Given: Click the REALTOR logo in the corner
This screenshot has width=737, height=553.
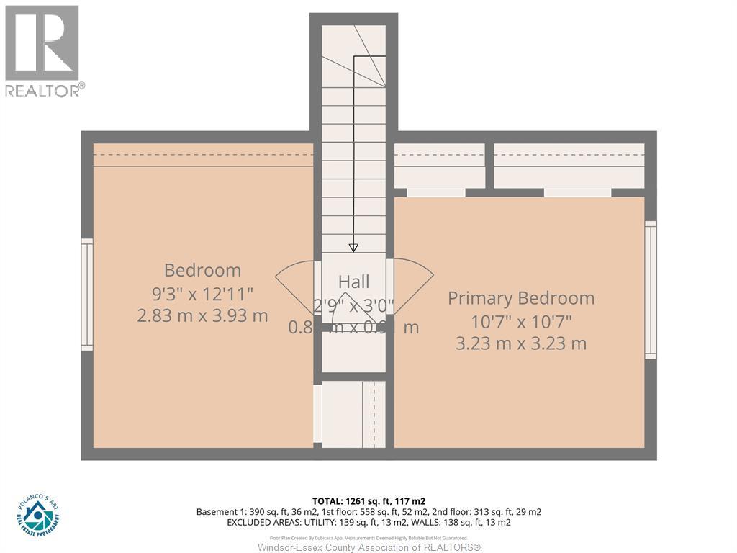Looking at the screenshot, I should tap(42, 50).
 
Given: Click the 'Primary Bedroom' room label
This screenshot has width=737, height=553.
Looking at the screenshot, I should tap(521, 298).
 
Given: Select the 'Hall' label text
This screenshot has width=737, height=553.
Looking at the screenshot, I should tap(353, 282).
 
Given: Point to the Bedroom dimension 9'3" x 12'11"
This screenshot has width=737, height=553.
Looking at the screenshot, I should tap(202, 293).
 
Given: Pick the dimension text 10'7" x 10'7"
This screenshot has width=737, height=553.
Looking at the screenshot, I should tap(521, 321).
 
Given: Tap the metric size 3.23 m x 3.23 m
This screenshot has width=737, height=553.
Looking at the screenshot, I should tap(521, 343).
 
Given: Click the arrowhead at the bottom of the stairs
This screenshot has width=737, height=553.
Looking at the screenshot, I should tap(353, 248).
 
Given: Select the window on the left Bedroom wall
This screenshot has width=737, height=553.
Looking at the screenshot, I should tap(87, 295).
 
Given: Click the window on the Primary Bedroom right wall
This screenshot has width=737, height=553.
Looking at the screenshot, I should tap(651, 289).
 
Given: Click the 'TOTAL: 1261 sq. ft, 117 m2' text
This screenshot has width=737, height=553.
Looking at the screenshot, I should tap(368, 500).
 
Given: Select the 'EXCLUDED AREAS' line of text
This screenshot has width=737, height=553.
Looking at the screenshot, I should tap(368, 522).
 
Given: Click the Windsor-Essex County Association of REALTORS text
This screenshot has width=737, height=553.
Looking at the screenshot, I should tap(368, 547).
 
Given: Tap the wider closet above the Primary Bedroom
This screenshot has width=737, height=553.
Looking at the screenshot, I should tap(569, 166).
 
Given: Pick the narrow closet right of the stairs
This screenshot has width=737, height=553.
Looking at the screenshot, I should tap(439, 166).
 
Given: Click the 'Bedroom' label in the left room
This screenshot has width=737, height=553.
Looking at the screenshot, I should tap(202, 270).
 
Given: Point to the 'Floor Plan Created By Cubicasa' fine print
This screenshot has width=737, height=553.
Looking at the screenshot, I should tap(368, 537).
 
